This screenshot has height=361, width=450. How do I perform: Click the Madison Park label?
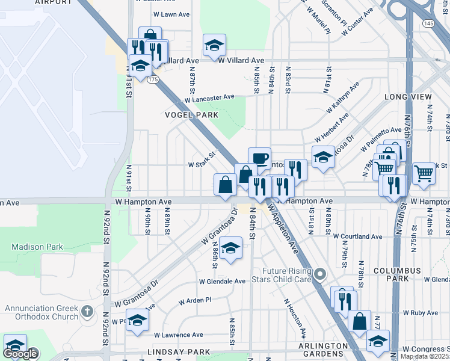pos(37,247)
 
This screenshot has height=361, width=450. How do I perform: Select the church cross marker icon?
pos(87,312)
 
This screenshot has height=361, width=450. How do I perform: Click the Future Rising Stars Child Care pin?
pos(320,276)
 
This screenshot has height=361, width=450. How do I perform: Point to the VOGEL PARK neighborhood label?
pos(191,114)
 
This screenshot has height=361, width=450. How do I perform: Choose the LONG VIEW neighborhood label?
pos(408,96)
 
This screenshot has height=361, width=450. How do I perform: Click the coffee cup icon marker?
pos(259,158)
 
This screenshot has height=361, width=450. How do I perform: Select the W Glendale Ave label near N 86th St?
pos(223,281)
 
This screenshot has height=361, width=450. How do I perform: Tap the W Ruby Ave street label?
pos(421,313)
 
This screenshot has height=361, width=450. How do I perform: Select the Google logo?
pos(20,354)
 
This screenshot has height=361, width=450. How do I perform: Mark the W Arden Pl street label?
pos(195,300)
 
